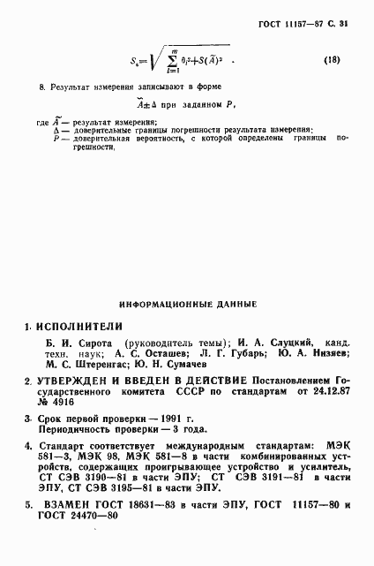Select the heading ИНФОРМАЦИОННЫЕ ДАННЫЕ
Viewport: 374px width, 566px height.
pyautogui.click(x=188, y=303)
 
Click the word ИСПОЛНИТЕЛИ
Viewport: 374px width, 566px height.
pyautogui.click(x=78, y=326)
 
